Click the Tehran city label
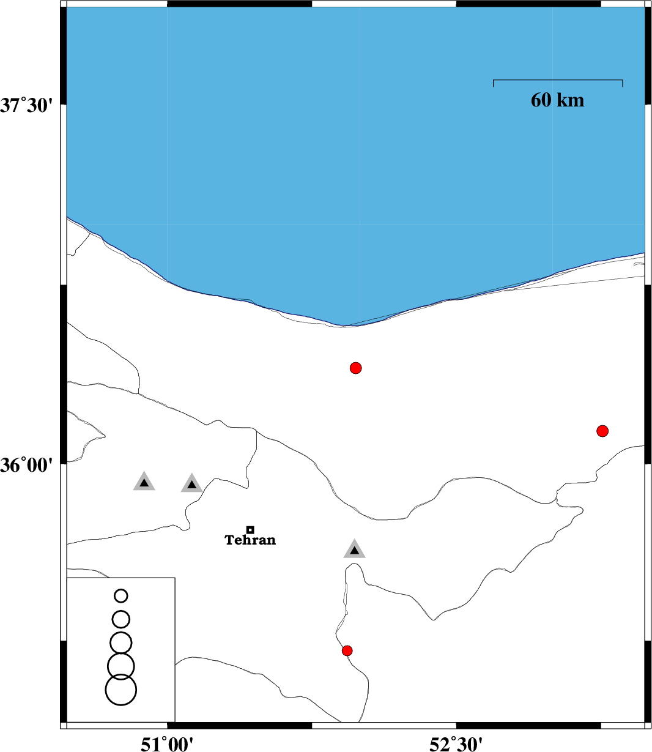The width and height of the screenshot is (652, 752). (250, 540)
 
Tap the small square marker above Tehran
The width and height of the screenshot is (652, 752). (250, 530)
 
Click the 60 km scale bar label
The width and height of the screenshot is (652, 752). (557, 100)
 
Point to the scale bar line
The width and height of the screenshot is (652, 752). (558, 80)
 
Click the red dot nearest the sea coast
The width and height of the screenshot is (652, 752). (355, 368)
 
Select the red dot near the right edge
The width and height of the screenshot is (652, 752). (602, 431)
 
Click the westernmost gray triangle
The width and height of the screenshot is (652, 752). (144, 482)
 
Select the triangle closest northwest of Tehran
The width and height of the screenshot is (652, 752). (191, 484)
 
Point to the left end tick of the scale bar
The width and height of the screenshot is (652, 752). (494, 83)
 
